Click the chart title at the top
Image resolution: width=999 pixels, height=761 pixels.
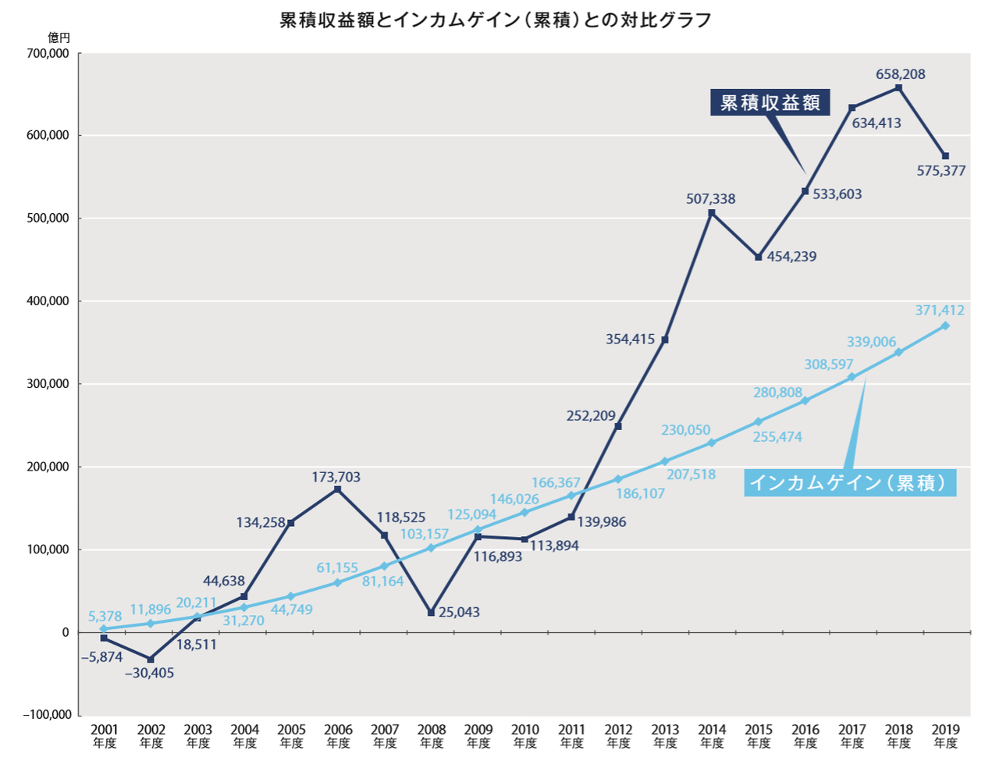tap(496, 20)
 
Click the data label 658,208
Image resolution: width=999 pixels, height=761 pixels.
tap(900, 74)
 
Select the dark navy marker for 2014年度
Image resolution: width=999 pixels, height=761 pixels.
tap(712, 213)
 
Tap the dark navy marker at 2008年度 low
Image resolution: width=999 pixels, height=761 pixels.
tap(431, 613)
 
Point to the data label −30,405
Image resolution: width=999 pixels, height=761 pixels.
tap(149, 673)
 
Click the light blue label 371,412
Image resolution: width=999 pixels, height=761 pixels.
tap(940, 310)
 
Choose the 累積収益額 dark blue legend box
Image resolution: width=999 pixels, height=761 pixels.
tap(770, 102)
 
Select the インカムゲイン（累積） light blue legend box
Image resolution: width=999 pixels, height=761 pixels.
tap(850, 483)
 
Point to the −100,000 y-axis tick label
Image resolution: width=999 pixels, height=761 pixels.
tap(47, 715)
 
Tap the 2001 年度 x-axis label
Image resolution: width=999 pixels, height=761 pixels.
tap(105, 736)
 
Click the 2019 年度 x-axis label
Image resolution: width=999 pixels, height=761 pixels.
tap(946, 736)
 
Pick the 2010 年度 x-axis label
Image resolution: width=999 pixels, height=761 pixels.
tap(525, 736)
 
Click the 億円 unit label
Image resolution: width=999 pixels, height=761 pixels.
tap(59, 37)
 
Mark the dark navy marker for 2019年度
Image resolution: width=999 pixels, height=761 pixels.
tap(946, 156)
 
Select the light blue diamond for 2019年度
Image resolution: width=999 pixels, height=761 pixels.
tap(945, 325)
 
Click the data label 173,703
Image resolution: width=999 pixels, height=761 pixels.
tap(336, 477)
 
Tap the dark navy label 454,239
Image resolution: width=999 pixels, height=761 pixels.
tap(791, 256)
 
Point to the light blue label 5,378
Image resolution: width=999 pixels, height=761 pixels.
tap(105, 616)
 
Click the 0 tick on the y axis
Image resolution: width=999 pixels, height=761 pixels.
tap(66, 632)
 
